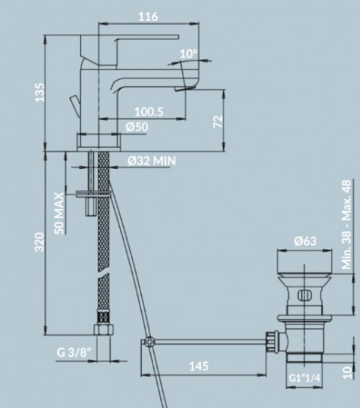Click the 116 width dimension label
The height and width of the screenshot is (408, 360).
(x=148, y=17)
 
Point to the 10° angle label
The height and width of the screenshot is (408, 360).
(x=189, y=54)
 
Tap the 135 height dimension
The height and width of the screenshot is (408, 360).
(x=40, y=92)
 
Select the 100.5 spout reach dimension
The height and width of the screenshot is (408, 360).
(x=149, y=112)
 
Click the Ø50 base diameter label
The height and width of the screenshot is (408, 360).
(x=137, y=127)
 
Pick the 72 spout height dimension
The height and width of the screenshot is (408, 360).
(x=218, y=121)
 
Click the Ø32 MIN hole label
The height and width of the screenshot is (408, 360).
(x=152, y=161)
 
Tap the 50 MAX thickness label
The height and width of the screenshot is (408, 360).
(x=60, y=213)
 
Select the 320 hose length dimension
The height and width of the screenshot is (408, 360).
(x=39, y=242)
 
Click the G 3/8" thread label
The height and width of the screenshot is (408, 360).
(x=74, y=352)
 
